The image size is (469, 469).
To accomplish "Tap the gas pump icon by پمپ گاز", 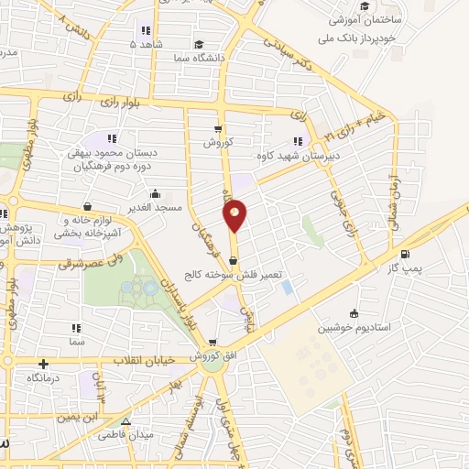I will coord(405,255).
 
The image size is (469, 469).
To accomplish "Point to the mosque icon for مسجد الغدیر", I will coord(154,193).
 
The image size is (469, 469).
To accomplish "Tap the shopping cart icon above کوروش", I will coord(218,129).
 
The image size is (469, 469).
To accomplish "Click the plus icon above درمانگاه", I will coord(42,365).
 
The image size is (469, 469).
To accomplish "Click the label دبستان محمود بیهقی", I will coord(113,155).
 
